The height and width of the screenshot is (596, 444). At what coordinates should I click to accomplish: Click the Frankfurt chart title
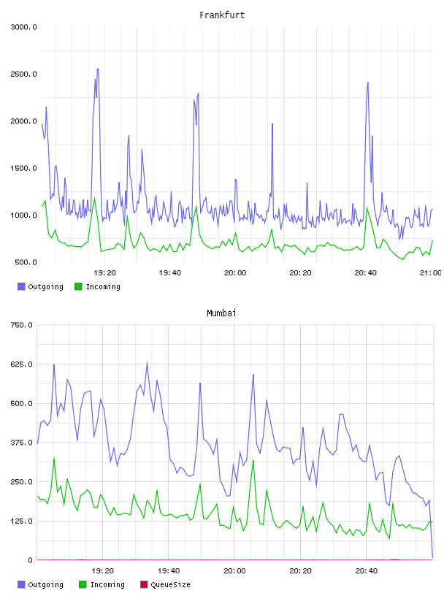pyautogui.click(x=222, y=15)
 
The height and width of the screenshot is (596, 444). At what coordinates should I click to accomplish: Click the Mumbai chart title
pyautogui.click(x=221, y=313)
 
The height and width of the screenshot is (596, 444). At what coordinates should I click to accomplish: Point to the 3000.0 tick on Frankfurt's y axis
pyautogui.click(x=23, y=27)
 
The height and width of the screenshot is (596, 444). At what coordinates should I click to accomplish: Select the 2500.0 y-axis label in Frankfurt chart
pyautogui.click(x=23, y=74)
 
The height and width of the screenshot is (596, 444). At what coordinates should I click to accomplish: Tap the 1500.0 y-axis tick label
pyautogui.click(x=23, y=169)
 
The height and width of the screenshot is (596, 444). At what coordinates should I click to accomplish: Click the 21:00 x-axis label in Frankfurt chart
pyautogui.click(x=430, y=272)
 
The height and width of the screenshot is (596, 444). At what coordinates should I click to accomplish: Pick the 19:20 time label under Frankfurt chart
pyautogui.click(x=104, y=272)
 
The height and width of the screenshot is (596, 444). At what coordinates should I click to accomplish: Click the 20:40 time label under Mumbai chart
pyautogui.click(x=367, y=570)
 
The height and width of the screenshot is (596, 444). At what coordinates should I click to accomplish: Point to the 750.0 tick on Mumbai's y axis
pyautogui.click(x=21, y=325)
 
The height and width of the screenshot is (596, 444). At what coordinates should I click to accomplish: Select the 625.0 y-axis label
pyautogui.click(x=21, y=364)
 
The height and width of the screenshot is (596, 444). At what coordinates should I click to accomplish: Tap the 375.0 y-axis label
pyautogui.click(x=21, y=443)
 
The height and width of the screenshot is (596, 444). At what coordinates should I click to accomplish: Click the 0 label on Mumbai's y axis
pyautogui.click(x=30, y=560)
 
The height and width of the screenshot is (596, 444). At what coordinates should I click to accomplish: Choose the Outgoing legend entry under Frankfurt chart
pyautogui.click(x=40, y=286)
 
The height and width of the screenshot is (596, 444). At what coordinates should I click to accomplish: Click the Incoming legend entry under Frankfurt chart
pyautogui.click(x=98, y=286)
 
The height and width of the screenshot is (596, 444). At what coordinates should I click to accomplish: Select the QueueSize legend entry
pyautogui.click(x=165, y=584)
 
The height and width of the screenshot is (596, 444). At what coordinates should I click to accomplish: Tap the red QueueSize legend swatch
pyautogui.click(x=144, y=584)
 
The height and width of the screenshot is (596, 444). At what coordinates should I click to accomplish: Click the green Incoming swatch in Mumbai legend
pyautogui.click(x=83, y=584)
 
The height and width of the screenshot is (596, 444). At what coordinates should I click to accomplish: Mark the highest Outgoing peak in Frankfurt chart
pyautogui.click(x=98, y=69)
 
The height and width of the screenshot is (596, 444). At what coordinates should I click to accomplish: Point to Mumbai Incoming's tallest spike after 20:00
pyautogui.click(x=253, y=460)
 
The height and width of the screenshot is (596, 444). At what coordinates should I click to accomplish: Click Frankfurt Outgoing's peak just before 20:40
pyautogui.click(x=367, y=83)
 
